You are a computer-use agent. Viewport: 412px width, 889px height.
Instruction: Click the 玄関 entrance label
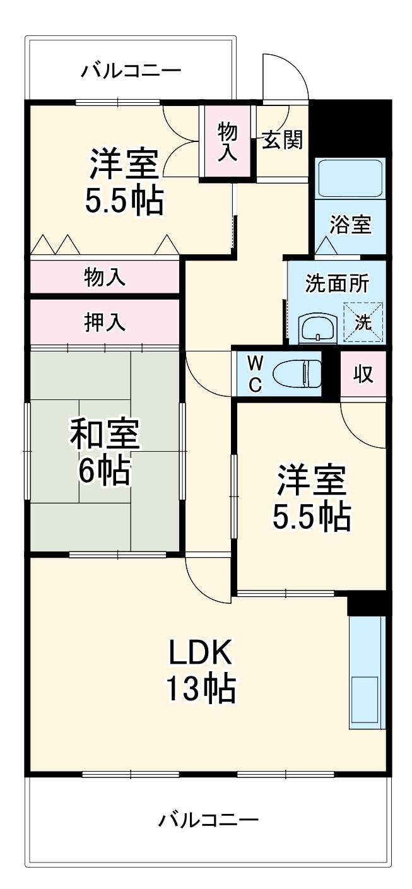[282, 141]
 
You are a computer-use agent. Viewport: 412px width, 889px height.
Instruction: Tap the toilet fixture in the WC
[297, 374]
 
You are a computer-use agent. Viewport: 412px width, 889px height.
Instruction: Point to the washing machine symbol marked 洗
[363, 322]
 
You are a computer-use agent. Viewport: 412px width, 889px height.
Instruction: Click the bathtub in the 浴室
[350, 179]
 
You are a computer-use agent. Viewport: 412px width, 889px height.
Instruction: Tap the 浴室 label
[350, 225]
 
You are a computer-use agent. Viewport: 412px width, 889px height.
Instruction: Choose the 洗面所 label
[337, 284]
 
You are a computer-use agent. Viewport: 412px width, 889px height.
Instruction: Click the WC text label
[254, 374]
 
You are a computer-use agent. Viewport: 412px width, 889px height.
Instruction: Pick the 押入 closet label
[105, 321]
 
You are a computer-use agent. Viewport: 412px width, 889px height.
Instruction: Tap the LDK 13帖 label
[201, 670]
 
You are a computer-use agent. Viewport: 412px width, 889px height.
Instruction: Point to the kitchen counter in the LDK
[367, 673]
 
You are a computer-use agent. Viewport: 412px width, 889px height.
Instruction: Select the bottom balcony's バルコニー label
[208, 820]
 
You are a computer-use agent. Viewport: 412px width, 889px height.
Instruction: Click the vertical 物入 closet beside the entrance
[228, 142]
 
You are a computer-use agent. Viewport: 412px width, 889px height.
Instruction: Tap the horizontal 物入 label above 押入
[105, 277]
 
